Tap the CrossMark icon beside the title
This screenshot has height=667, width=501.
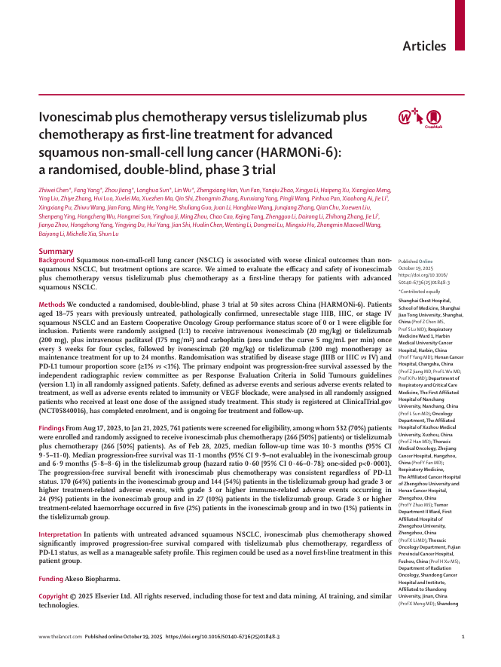coord(432,118)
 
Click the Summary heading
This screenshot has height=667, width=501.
coord(56,250)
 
